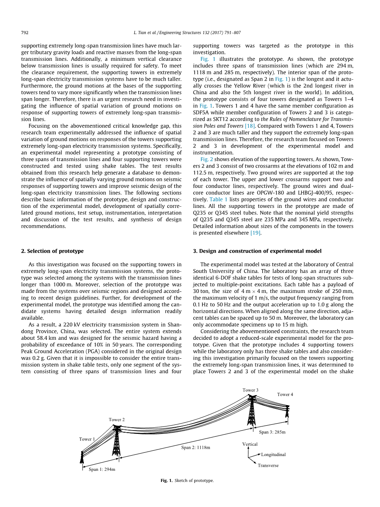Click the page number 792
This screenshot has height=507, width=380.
(x=24, y=32)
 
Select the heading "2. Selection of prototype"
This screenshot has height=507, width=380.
(x=52, y=251)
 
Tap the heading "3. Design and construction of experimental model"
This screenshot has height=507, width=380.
(x=257, y=251)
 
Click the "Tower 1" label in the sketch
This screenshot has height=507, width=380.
(x=87, y=439)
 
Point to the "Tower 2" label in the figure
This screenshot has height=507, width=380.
(x=117, y=419)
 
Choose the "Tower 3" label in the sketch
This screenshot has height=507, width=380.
(x=250, y=390)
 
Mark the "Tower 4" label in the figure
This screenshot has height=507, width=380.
(x=285, y=394)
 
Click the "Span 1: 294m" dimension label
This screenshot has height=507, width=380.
(x=102, y=469)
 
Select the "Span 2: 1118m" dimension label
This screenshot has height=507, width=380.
(x=196, y=447)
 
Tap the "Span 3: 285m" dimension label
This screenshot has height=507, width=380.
(x=272, y=432)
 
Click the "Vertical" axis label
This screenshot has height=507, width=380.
(x=250, y=444)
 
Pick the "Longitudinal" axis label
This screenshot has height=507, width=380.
(x=273, y=455)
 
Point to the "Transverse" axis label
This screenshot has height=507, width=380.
(x=268, y=466)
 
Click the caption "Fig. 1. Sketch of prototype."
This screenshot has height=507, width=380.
(x=187, y=480)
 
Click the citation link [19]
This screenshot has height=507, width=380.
(x=256, y=233)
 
